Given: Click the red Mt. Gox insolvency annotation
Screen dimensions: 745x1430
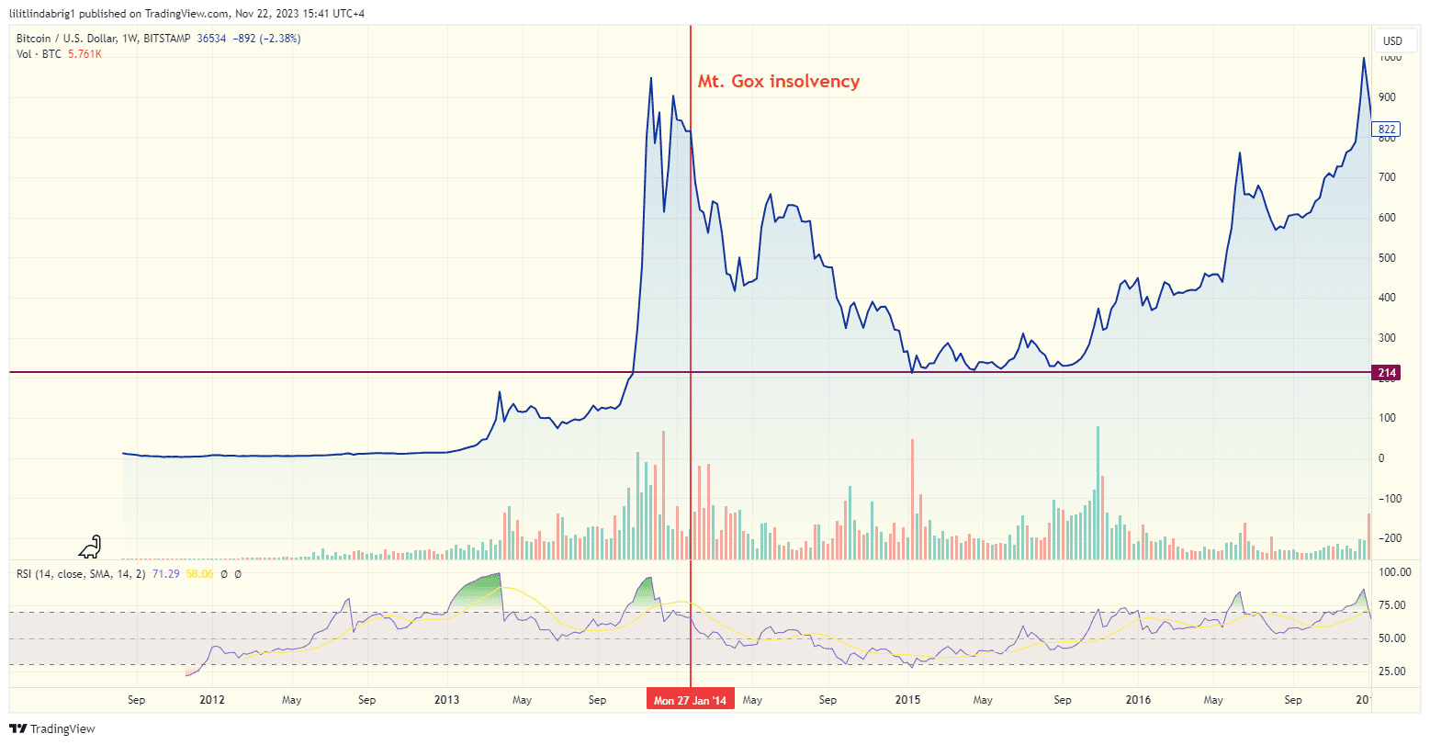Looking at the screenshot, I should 778,82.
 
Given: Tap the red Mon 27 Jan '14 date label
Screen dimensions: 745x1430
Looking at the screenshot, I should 690,701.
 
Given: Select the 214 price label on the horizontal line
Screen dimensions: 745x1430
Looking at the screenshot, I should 1387,372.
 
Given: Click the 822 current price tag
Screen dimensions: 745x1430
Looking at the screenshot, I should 1387,130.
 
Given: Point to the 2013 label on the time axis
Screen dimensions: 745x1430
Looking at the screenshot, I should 446,700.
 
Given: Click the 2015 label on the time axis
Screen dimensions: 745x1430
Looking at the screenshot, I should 907,700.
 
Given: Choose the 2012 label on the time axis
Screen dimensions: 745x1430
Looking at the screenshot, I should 212,700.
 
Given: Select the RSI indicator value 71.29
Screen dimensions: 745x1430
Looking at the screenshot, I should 165,573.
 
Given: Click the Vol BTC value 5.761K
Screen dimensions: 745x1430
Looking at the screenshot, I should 84,54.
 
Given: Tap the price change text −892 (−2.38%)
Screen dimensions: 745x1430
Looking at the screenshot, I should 266,39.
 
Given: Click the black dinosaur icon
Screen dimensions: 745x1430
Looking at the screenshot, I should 90,547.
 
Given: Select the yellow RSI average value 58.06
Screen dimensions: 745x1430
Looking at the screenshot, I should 199,573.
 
